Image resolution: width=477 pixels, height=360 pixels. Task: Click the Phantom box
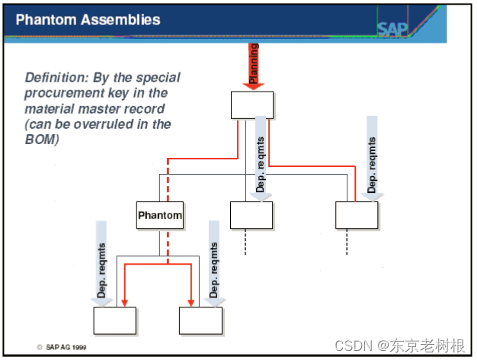pos(160,215)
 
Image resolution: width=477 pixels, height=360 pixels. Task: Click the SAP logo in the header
pos(392,30)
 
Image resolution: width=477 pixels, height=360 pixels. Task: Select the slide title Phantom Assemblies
pos(88,19)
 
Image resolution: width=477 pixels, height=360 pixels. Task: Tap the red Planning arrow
pos(254,65)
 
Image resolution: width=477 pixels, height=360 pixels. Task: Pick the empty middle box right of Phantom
pos(251,215)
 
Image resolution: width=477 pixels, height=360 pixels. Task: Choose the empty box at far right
pos(357,215)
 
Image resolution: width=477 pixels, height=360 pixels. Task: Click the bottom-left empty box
pos(114,321)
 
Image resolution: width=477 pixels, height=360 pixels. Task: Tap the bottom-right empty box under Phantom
pos(200,321)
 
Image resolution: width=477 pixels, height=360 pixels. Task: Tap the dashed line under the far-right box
pos(347,242)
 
